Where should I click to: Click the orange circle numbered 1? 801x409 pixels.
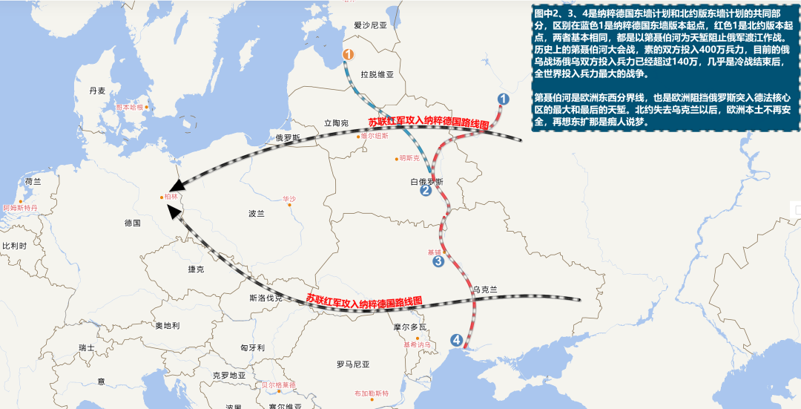tap(349, 54)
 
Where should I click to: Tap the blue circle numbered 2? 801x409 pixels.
tap(426, 191)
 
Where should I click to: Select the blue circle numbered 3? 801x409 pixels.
tap(438, 261)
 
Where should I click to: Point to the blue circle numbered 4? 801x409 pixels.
tap(457, 340)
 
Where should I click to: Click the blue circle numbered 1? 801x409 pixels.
tap(504, 99)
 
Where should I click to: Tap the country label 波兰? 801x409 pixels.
tap(257, 213)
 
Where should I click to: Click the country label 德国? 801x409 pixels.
tap(133, 223)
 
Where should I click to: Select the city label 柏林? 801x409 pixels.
tap(171, 197)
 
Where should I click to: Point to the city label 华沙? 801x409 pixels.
tap(289, 199)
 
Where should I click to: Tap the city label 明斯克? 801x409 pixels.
tap(409, 158)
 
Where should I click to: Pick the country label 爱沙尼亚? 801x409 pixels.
tap(371, 25)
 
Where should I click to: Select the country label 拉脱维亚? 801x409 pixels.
tap(377, 75)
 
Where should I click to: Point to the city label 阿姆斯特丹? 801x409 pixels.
tap(19, 208)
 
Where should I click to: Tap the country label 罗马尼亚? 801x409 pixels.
tap(353, 364)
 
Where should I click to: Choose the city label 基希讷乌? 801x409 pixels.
tap(417, 344)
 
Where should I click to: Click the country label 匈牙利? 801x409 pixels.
tap(252, 347)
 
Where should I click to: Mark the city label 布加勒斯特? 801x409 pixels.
tap(371, 393)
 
